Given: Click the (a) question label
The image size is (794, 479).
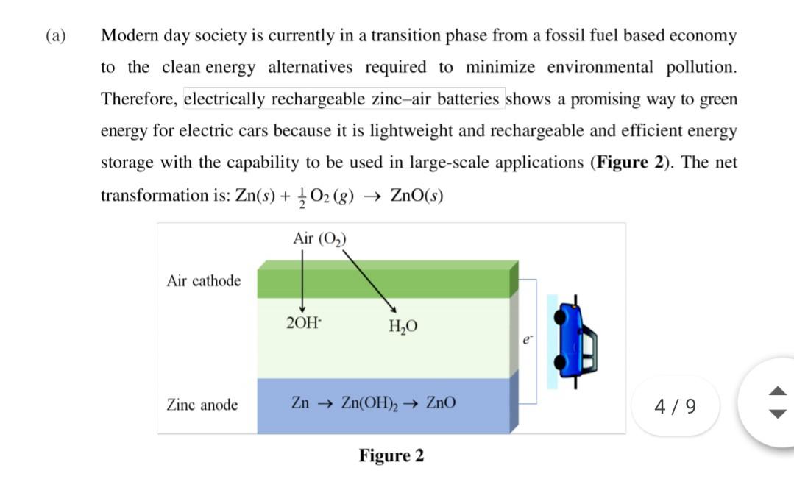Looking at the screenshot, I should click(x=55, y=36).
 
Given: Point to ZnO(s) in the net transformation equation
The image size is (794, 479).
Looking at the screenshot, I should click(x=417, y=196).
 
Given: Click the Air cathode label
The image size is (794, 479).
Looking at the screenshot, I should click(x=204, y=281).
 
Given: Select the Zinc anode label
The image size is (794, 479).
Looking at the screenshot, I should click(x=202, y=405).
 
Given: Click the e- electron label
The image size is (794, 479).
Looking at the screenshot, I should click(x=526, y=340).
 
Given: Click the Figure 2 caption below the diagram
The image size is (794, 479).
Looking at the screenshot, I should click(x=391, y=455).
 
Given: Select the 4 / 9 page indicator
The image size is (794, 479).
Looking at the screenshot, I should click(x=676, y=405).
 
